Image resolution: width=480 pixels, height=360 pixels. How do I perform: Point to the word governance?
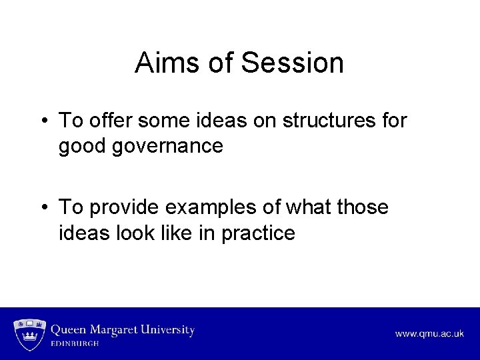tap(169, 146)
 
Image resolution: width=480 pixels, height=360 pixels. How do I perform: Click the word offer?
tap(110, 121)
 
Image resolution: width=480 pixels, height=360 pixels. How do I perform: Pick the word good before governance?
tap(83, 146)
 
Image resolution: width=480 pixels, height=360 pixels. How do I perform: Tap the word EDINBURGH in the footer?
tap(75, 344)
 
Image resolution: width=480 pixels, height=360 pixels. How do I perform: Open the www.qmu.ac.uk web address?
tap(429, 334)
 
